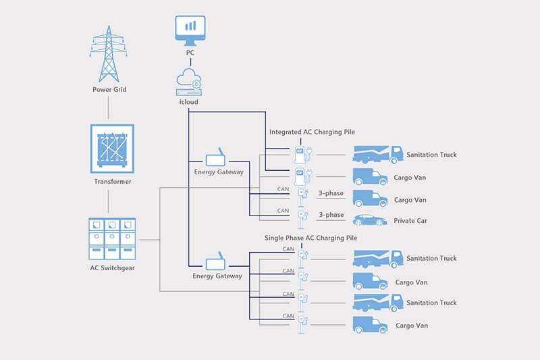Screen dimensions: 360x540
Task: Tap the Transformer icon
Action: tap(108, 149)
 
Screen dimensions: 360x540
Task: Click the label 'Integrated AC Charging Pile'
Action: tap(312, 132)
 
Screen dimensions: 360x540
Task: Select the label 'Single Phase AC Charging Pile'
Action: tap(310, 238)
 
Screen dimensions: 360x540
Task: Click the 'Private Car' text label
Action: tap(411, 221)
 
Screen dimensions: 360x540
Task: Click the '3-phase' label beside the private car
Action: tap(331, 215)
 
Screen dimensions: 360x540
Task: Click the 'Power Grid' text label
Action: tap(109, 90)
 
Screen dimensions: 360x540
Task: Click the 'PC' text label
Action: tap(190, 52)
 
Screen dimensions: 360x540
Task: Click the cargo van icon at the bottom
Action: tap(370, 326)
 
